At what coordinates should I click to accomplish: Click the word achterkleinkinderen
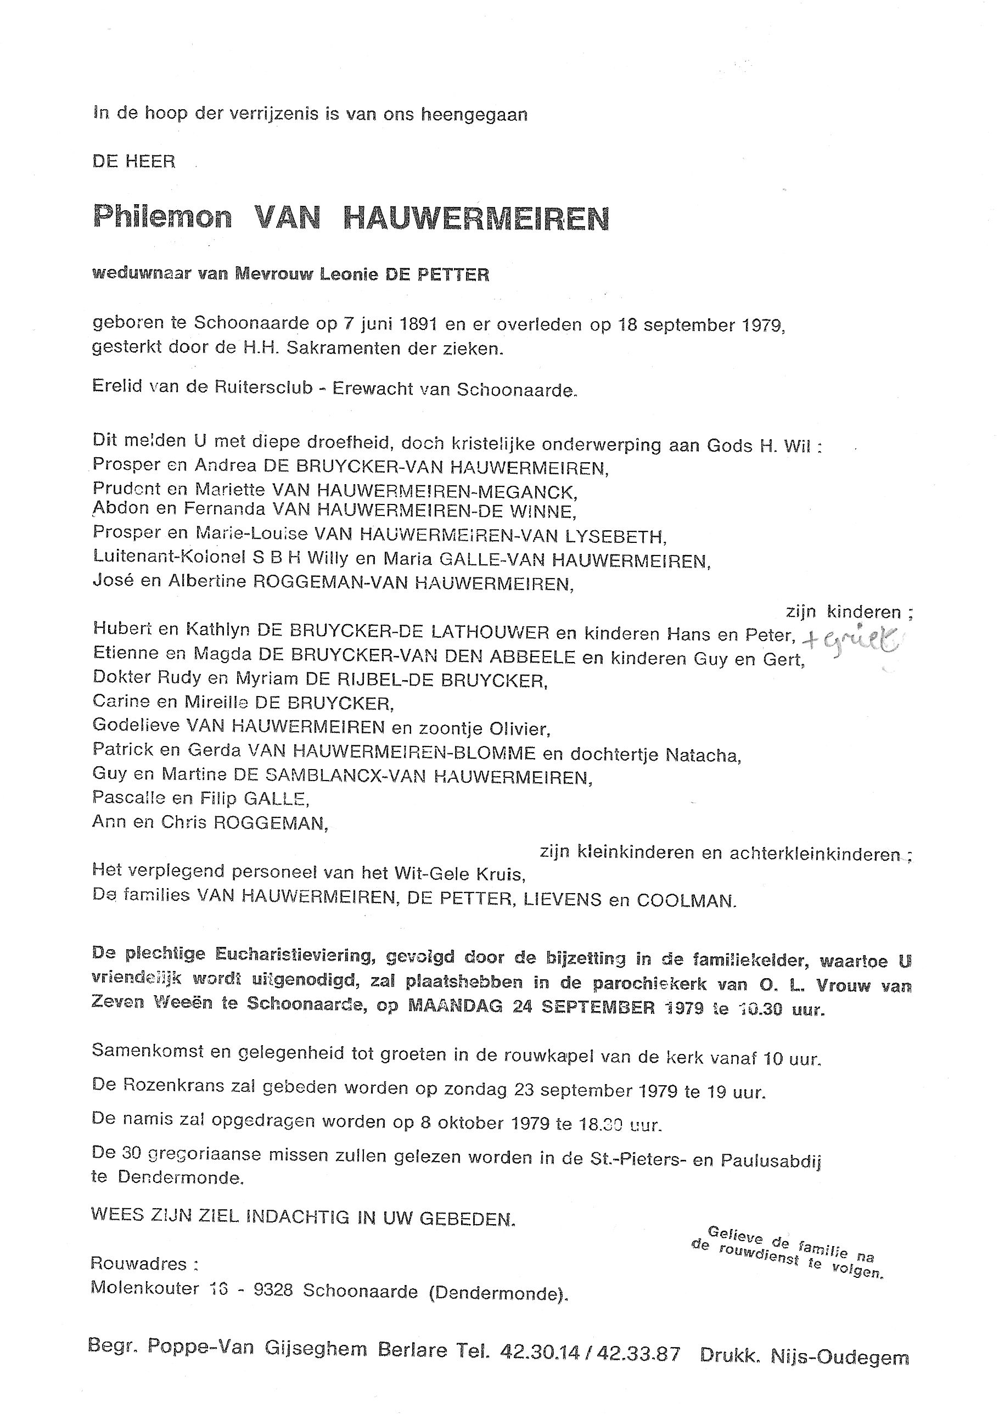(x=815, y=855)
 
